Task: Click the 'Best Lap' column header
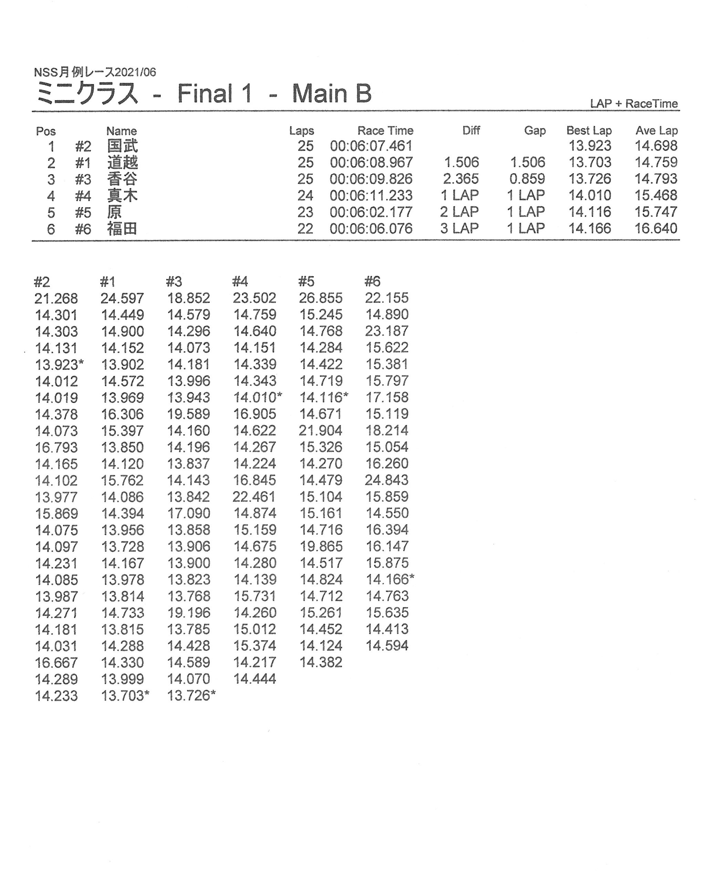589,131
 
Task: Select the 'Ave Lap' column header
656,131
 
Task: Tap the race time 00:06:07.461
371,146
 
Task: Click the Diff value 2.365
461,179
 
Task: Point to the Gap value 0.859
527,179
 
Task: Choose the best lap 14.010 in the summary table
590,195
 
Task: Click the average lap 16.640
656,228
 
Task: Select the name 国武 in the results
122,146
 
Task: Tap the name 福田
122,228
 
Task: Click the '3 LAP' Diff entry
459,228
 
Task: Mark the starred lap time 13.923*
59,364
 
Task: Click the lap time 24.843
387,480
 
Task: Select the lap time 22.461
254,497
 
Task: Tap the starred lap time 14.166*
390,579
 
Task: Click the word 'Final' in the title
204,94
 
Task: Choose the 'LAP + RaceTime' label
633,104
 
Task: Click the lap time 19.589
188,414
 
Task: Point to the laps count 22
305,228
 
